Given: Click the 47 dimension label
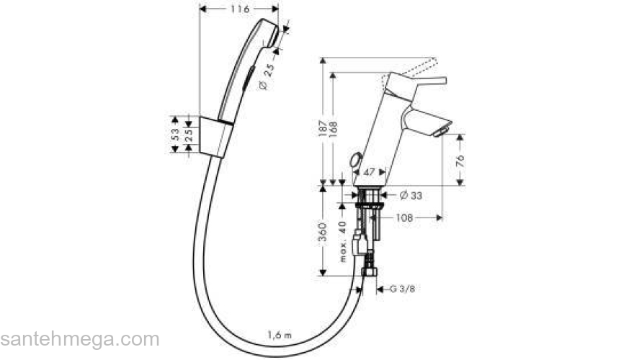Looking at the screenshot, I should tap(369, 173).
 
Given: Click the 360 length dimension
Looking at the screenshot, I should tap(323, 232).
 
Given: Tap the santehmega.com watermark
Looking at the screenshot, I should tap(79, 339).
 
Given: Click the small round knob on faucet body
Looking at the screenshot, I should tap(354, 161).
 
